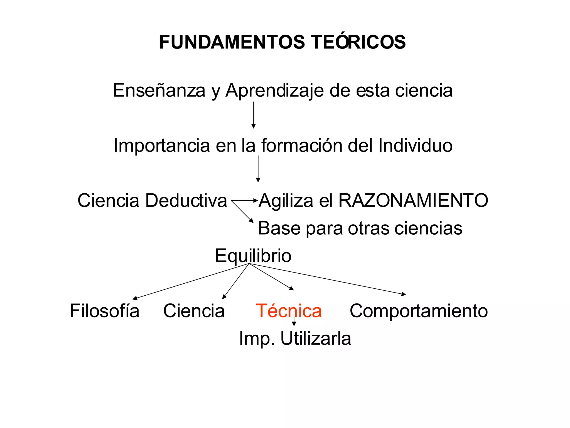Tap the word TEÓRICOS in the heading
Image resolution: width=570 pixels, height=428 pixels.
358,42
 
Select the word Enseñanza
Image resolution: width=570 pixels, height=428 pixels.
159,91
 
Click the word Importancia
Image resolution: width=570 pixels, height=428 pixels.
161,146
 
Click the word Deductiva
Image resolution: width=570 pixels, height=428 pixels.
186,200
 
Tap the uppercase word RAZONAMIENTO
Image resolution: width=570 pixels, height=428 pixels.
413,200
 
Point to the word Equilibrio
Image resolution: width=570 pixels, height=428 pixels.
253,256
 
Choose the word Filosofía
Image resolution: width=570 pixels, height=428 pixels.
104,311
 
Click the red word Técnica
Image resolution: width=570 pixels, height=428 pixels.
289,311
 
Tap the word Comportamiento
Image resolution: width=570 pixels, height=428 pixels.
419,311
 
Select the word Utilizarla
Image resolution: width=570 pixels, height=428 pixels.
316,339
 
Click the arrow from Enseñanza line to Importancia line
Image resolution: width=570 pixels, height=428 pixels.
253,115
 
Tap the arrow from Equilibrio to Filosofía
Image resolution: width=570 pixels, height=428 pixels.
190,281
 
